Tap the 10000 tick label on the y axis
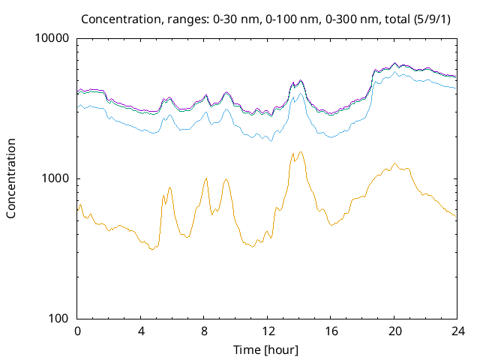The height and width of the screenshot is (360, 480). (53, 39)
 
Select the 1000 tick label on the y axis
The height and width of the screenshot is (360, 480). (56, 178)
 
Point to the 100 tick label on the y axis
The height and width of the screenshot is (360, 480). (59, 319)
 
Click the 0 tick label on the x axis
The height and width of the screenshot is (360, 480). (77, 331)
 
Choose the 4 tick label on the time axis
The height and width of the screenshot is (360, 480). (141, 331)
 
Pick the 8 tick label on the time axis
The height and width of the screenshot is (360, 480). (204, 331)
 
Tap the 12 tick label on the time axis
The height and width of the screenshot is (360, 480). (267, 331)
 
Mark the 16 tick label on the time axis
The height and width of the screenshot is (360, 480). (330, 331)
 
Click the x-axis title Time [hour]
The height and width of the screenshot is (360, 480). (267, 349)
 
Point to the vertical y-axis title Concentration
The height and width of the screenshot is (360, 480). (11, 178)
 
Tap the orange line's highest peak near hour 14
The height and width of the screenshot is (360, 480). (301, 151)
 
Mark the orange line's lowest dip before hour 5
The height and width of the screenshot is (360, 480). (151, 249)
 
